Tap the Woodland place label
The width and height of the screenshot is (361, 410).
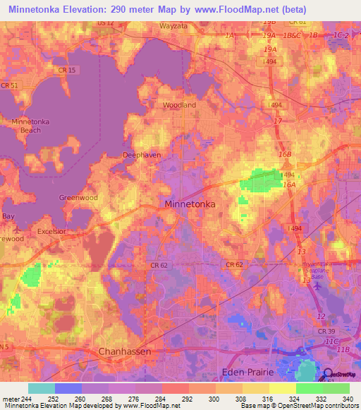179,105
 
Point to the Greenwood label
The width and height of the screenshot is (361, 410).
78,198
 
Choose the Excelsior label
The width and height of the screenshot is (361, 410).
51,231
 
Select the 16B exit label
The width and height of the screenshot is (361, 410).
284,154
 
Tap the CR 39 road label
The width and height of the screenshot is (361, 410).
325,330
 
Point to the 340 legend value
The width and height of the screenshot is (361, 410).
346,399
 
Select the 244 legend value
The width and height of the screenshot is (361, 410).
25,399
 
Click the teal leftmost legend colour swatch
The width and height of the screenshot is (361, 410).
42,388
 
